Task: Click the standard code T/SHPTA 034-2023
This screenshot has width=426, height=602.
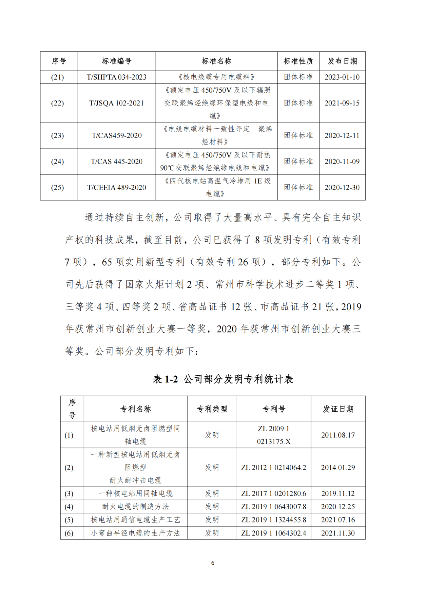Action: (116, 77)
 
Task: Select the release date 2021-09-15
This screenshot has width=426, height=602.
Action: (342, 103)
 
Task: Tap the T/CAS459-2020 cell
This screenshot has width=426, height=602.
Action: (116, 135)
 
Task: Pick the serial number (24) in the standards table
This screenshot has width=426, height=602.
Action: (57, 161)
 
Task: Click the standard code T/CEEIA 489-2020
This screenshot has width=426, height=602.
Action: (116, 187)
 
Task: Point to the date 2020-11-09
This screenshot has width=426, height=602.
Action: (342, 161)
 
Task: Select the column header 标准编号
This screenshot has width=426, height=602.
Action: (116, 61)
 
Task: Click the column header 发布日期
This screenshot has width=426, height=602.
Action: (342, 61)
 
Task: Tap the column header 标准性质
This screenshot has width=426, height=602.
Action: (298, 61)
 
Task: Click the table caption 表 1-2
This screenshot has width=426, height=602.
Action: (165, 379)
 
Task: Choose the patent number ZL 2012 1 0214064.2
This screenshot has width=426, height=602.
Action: (274, 467)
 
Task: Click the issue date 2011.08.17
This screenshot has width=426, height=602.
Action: (338, 435)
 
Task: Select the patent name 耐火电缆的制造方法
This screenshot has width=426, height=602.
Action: (135, 507)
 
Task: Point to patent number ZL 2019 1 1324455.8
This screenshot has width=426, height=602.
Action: (274, 520)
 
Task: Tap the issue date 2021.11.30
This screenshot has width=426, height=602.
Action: (338, 533)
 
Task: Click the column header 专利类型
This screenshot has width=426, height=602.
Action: (212, 409)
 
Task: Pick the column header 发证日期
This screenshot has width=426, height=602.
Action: (338, 409)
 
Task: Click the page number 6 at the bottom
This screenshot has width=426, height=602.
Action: (213, 563)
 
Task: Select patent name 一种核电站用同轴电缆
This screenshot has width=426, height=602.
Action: (135, 494)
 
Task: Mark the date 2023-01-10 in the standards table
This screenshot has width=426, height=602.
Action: (342, 77)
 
